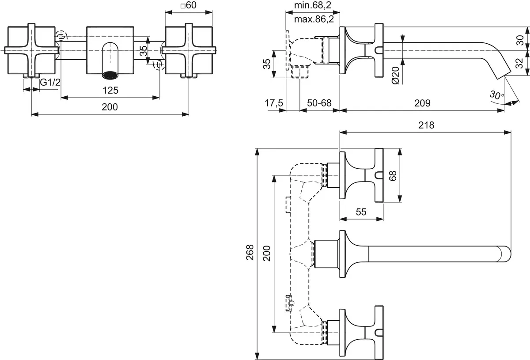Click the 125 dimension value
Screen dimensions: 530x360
click(x=110, y=90)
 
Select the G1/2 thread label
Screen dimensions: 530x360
click(x=50, y=82)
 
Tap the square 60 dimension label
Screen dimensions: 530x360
click(x=188, y=5)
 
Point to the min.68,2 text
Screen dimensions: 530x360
click(x=313, y=5)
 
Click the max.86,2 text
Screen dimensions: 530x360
click(x=314, y=19)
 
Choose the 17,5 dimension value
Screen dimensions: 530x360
click(x=274, y=103)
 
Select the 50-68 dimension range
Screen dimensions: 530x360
click(x=319, y=103)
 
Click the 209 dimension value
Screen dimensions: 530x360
click(x=422, y=103)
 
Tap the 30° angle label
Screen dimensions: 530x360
click(x=496, y=95)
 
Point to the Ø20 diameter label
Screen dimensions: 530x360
click(x=395, y=75)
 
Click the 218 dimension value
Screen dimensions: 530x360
click(x=426, y=125)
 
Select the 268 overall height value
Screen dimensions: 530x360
click(x=250, y=253)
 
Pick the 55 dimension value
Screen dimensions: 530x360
click(x=361, y=212)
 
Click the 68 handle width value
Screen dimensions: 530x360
click(x=393, y=176)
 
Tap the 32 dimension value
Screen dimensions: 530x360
click(x=519, y=63)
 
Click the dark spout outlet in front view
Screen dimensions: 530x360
click(x=110, y=75)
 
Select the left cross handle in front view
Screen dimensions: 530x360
click(x=31, y=50)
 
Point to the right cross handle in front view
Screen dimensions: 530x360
click(x=189, y=50)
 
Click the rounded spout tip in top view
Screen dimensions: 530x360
click(x=506, y=254)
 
